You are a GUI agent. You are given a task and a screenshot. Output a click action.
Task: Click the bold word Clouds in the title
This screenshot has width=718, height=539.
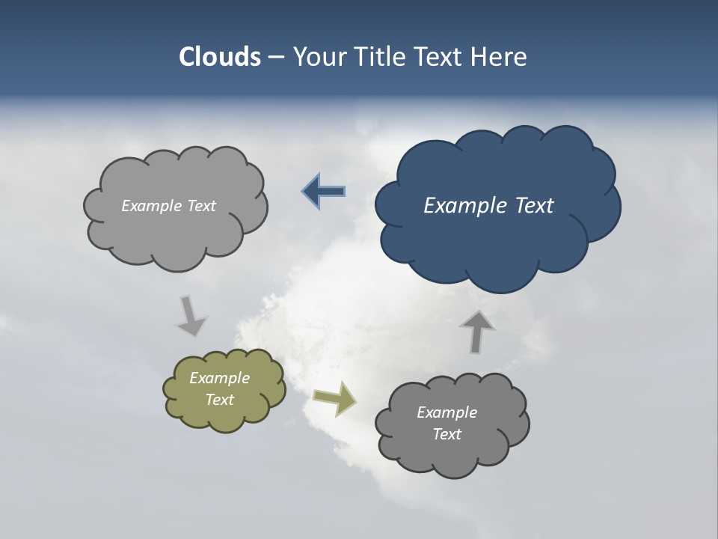point(220,57)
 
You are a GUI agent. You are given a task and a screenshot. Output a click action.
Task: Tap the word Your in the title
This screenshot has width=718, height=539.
point(322,57)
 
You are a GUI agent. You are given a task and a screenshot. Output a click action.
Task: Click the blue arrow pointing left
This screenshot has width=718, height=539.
point(324,192)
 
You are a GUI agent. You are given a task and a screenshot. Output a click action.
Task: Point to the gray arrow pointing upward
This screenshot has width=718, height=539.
point(476,332)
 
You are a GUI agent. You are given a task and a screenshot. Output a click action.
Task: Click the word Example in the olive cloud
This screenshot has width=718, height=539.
point(220,378)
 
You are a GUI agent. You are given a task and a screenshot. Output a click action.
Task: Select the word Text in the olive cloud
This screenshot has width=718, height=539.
point(220,400)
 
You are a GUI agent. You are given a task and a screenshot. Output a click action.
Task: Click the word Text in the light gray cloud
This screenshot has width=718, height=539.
point(200,206)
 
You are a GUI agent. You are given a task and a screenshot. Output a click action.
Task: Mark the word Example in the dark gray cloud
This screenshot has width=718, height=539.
point(447,412)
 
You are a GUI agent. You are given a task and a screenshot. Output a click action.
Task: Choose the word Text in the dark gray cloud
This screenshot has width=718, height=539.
point(447,434)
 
